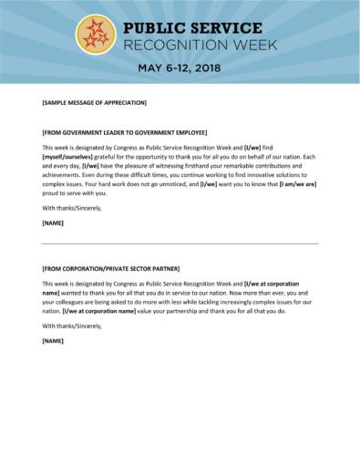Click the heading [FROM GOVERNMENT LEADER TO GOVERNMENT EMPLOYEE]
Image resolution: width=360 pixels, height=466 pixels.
coord(125,131)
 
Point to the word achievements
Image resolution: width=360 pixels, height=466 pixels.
coord(63,175)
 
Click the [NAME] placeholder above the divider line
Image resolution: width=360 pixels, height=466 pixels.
coord(53,222)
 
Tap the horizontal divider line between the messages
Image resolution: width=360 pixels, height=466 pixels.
coord(180,243)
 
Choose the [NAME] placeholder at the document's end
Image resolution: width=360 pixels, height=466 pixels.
coord(53,340)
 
